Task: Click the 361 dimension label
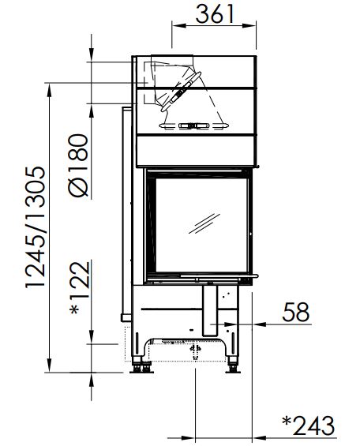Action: point(215,13)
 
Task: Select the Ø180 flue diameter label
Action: point(78,165)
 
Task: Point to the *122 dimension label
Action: point(80,287)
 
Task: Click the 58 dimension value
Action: point(296,312)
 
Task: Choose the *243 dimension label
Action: point(309,425)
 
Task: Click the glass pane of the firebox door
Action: point(201,225)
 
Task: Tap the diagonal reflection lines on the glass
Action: point(204,223)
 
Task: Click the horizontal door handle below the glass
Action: point(219,276)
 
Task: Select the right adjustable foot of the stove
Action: point(233,367)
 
